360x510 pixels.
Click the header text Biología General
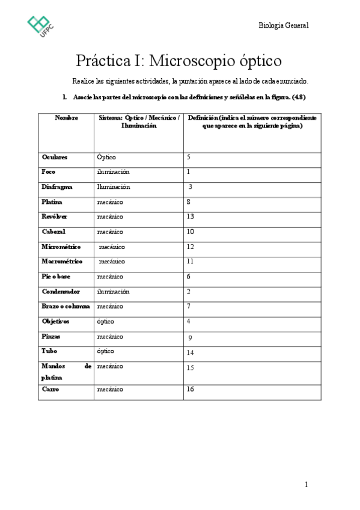coord(283,25)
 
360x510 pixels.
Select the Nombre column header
coord(66,118)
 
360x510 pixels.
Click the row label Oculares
coord(55,157)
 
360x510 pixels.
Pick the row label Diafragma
coord(57,187)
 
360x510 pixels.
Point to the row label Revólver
coord(55,217)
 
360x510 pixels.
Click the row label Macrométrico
coord(62,262)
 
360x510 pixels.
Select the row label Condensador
coord(61,292)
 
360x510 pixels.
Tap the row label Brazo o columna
coord(66,306)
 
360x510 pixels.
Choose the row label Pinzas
coord(51,336)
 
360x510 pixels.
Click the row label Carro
coord(50,390)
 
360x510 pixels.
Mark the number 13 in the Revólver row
coord(191,217)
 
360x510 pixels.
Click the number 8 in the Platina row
coord(189,202)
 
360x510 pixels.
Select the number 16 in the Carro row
coord(191,390)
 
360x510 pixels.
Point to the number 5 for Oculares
coord(189,157)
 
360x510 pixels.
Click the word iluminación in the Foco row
coord(113,172)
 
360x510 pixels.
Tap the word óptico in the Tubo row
coord(105,351)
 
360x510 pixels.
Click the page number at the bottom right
coord(306,485)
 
